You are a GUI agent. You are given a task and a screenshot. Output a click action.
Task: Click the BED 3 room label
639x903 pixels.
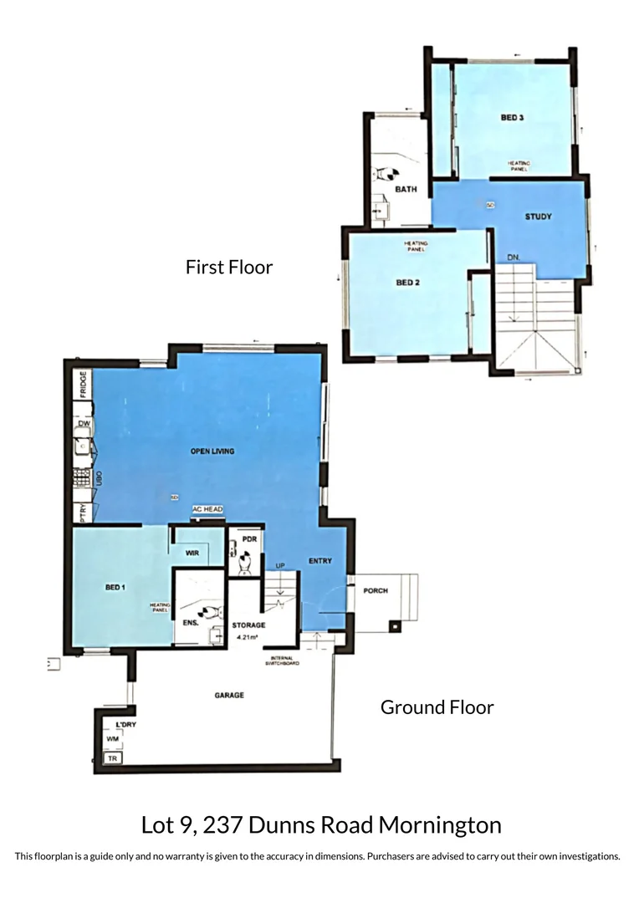click(x=512, y=118)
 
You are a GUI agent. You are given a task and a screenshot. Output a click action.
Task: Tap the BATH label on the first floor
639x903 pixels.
click(x=406, y=190)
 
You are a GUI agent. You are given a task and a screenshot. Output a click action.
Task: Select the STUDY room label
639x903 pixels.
click(x=538, y=217)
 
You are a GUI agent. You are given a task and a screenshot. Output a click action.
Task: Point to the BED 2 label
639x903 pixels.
click(x=407, y=283)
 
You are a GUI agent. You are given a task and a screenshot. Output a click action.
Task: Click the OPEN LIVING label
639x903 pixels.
click(x=212, y=451)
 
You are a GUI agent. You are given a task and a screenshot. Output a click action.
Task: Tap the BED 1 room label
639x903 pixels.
click(x=115, y=588)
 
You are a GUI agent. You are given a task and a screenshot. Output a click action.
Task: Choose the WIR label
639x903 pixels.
click(x=192, y=553)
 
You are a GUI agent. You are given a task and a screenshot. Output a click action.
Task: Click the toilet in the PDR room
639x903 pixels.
click(x=243, y=566)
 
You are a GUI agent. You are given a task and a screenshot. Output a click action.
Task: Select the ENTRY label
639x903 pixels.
click(x=320, y=561)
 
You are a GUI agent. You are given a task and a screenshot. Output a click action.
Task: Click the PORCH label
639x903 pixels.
click(x=376, y=591)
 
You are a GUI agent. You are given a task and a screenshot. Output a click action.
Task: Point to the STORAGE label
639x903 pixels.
click(x=248, y=625)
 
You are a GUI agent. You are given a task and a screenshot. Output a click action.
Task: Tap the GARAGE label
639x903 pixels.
click(x=228, y=695)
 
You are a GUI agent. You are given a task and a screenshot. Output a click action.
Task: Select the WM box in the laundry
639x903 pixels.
click(x=112, y=740)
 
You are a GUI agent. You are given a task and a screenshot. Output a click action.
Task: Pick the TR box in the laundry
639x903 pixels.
click(x=111, y=758)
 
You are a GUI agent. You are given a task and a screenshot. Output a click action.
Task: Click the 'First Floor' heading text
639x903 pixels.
click(x=229, y=268)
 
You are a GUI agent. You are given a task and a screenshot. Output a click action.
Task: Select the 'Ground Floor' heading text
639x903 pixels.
click(x=437, y=707)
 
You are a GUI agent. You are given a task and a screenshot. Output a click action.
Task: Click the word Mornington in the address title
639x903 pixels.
click(x=440, y=826)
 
